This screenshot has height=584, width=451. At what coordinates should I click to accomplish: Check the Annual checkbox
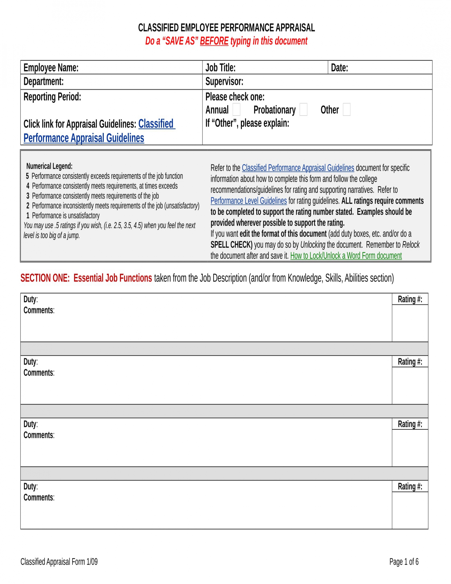point(236,109)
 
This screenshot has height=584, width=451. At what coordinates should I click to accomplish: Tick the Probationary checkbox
point(303,109)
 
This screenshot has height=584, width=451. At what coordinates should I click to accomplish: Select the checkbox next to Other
point(346,109)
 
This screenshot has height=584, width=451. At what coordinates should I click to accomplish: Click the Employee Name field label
point(51,68)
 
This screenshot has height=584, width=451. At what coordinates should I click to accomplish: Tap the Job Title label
point(220,68)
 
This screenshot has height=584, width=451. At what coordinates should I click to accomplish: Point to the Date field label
point(339,68)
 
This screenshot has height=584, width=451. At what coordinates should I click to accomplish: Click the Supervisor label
point(224,81)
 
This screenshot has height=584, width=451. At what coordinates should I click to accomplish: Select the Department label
point(44,81)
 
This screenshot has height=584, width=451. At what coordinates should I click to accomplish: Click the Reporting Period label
point(52,97)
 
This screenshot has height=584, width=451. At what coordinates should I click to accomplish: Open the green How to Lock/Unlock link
point(346,256)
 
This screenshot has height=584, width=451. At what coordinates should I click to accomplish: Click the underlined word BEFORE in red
point(214,41)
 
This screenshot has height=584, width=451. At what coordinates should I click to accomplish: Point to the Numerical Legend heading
point(49,166)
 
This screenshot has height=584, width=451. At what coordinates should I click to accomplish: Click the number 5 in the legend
point(27,176)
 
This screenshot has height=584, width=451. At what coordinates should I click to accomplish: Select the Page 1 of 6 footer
point(404,561)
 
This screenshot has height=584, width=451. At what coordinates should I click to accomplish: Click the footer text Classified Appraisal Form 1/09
point(59,561)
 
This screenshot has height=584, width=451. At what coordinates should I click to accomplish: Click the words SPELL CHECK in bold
point(231,245)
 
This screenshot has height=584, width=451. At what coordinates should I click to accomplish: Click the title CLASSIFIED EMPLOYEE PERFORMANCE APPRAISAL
point(226,28)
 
